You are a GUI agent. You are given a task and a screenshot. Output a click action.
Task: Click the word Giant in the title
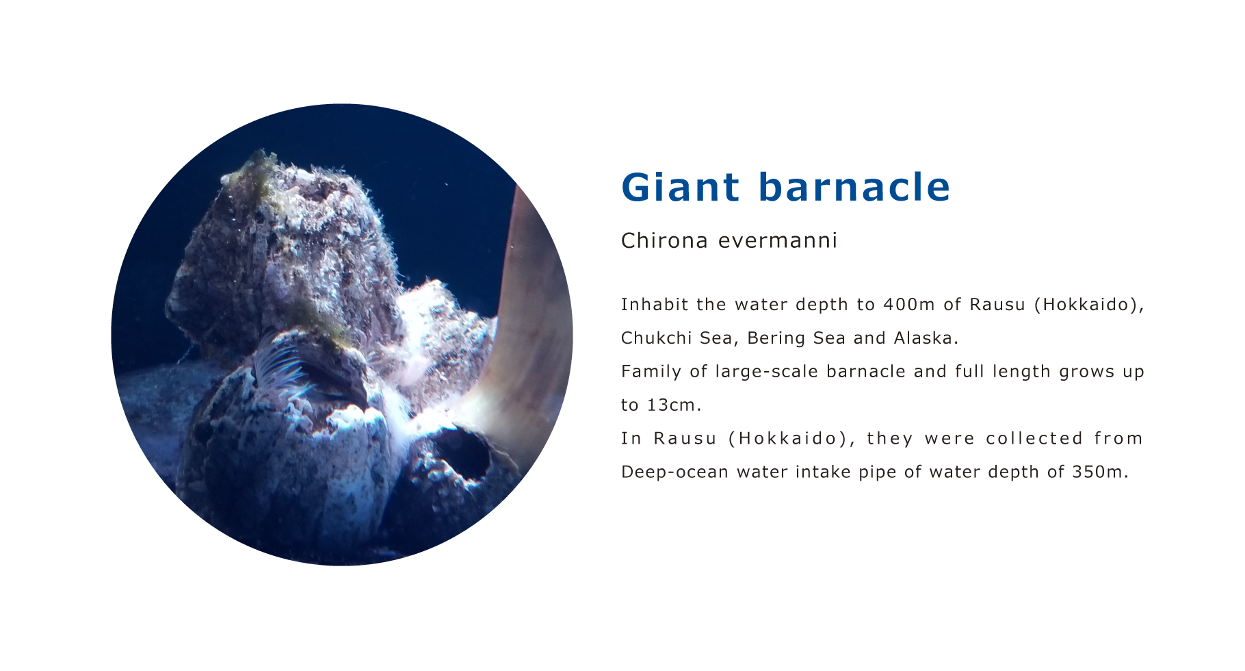[x=681, y=187]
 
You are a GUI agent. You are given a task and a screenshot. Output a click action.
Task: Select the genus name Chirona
[x=664, y=240]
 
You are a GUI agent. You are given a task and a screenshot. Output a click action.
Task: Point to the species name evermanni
[x=778, y=240]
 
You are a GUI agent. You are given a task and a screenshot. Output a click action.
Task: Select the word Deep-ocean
[x=674, y=472]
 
